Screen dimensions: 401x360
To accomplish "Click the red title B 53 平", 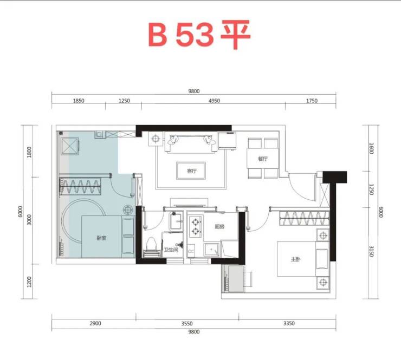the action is pos(199,34).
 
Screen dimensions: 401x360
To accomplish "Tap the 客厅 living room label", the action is pos(191,171).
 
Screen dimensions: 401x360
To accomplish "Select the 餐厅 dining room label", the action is pos(263,159).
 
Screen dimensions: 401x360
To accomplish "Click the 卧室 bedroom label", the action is pos(101,238).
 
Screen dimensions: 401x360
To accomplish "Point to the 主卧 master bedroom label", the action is pos(295,259).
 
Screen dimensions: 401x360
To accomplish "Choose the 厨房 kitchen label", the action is pos(219,226).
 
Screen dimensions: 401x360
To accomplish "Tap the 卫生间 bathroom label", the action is pos(171,250).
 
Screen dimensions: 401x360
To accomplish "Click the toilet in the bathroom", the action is pos(151,247).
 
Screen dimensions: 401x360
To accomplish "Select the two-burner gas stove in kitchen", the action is pos(196,226).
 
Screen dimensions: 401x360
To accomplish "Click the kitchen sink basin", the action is pos(211,250).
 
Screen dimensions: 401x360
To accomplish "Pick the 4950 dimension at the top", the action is pos(214,101).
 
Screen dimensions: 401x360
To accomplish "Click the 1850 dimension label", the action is pos(79,101).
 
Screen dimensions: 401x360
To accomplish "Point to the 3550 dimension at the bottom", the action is pos(187,324).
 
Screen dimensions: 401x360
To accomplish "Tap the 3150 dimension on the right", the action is pos(372,251).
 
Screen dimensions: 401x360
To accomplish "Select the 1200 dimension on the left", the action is pos(29,282).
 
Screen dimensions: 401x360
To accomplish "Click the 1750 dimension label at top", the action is pos(312,101).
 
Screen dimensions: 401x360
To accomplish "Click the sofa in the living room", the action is pos(191,142).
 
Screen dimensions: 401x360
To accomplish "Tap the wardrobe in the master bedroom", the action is pos(305,218).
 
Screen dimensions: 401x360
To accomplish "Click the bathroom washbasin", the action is pos(177,221).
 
